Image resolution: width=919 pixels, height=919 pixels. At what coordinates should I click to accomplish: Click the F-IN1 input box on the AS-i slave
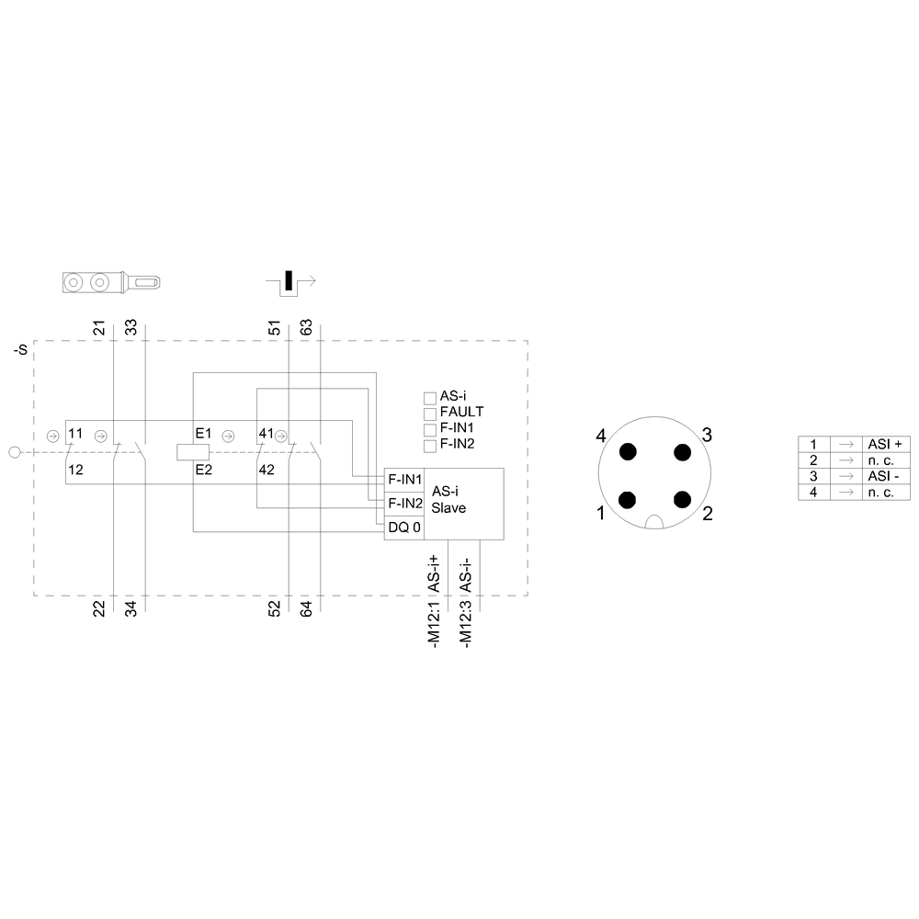403,480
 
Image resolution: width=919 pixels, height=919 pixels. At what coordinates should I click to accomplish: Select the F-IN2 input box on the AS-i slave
403,504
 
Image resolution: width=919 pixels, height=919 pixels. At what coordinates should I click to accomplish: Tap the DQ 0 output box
403,528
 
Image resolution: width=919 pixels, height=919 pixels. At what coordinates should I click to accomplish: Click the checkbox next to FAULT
429,414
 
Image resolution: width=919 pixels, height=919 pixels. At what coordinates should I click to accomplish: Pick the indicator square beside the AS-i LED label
429,398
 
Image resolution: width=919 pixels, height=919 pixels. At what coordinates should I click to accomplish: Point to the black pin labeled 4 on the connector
628,452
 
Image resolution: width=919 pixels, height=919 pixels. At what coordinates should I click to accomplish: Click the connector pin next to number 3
682,452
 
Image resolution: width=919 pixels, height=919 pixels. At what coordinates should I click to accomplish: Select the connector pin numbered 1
627,500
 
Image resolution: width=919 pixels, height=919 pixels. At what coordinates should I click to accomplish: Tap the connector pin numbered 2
682,500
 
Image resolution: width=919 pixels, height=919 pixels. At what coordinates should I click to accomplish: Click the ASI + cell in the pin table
886,444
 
